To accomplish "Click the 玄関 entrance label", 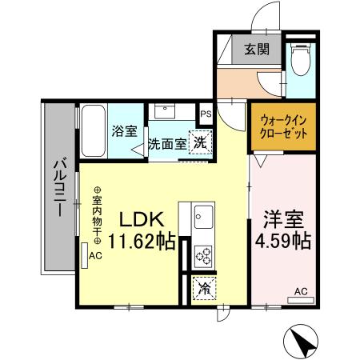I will click(257, 49).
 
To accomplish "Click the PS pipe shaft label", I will click(206, 114).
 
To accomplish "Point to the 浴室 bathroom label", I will click(125, 130).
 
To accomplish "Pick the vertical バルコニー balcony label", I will click(58, 187).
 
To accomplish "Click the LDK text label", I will click(142, 219).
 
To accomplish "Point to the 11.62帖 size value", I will click(142, 242).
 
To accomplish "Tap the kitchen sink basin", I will click(202, 216).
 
